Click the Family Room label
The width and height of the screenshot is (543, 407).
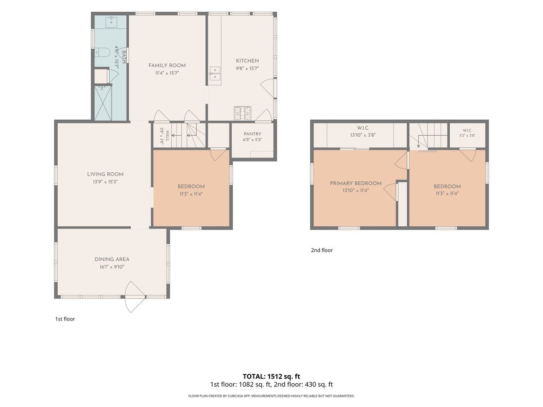pos(167,65)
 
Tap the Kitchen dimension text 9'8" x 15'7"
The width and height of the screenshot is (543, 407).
pos(247,68)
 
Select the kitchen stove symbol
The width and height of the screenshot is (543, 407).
pos(242,113)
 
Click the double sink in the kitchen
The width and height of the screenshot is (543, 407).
pos(215,73)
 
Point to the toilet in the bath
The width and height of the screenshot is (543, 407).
pos(102,52)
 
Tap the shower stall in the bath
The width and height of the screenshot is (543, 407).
pos(102,103)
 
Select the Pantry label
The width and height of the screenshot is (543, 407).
pos(252,134)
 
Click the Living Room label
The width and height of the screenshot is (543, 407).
pos(106,174)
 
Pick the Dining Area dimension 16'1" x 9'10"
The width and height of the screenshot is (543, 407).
pos(112,267)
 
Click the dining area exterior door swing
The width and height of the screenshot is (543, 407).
pos(133,297)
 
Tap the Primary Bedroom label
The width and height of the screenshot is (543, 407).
pos(356,183)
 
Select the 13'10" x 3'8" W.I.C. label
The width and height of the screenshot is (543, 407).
pos(363,135)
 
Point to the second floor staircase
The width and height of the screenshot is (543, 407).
pos(428,136)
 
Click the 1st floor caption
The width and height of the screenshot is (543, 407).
pos(65,319)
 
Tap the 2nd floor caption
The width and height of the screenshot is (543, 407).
pos(322,250)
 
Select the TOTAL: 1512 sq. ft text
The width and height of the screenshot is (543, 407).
pos(271,377)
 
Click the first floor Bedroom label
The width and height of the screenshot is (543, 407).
pos(191,187)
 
